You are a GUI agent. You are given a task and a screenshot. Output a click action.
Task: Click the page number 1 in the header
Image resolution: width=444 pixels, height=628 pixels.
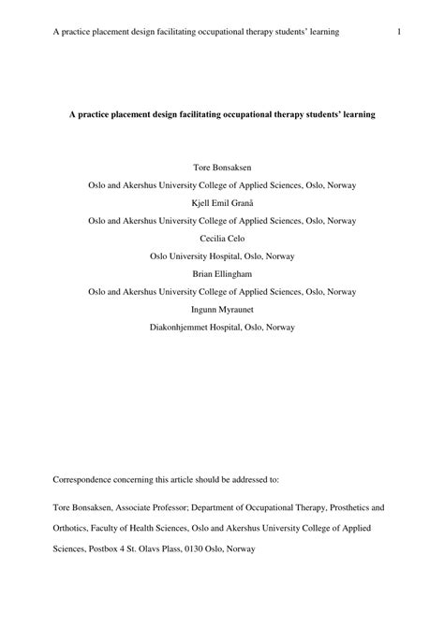[x=399, y=32]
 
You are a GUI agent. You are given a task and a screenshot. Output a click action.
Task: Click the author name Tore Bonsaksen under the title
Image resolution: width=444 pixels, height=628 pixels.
[x=221, y=168]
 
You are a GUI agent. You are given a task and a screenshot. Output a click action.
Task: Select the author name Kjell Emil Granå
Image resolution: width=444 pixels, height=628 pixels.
[x=221, y=203]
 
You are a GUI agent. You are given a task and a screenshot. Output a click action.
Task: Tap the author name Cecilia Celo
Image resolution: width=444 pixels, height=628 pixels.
[x=222, y=238]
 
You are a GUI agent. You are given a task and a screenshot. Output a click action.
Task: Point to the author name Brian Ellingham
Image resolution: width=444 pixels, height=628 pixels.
[x=222, y=273]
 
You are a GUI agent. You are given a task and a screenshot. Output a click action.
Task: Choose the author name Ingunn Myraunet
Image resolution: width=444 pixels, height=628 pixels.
[x=222, y=308]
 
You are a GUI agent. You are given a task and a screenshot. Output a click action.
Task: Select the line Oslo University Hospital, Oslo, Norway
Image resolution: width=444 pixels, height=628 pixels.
[x=222, y=256]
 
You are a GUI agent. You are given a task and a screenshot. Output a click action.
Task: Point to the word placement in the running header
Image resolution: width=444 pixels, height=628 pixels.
[x=109, y=32]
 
